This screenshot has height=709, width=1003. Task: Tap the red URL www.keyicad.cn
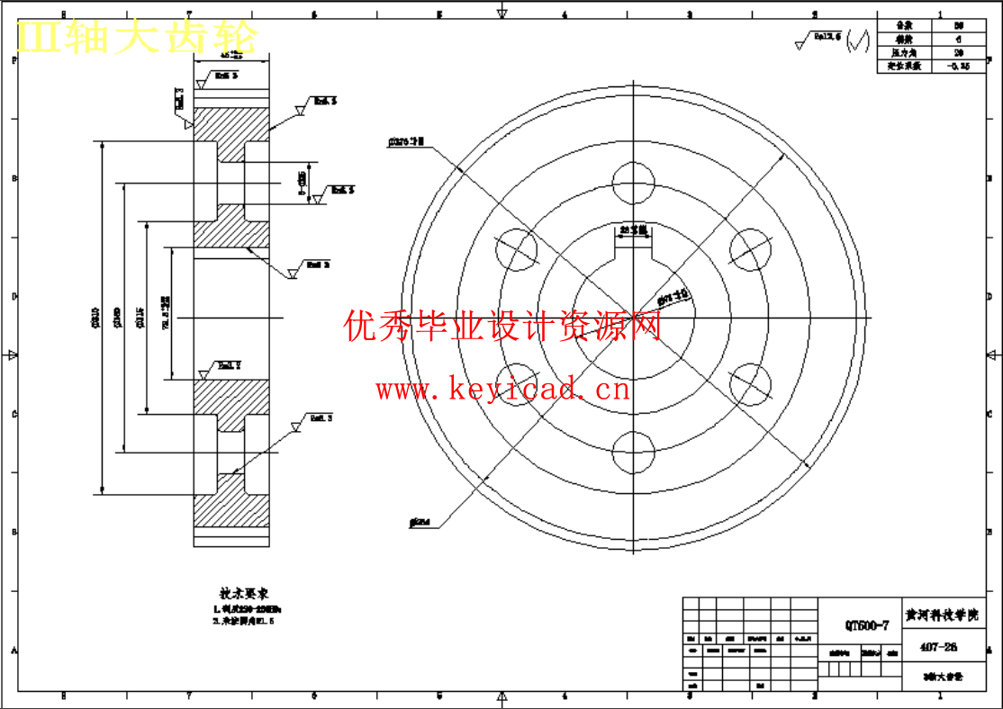502,390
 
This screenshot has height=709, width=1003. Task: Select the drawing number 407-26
938,647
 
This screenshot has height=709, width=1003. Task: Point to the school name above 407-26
940,616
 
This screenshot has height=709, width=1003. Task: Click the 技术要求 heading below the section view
244,594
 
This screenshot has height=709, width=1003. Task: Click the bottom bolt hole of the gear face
634,452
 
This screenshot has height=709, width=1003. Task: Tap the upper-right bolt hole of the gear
750,250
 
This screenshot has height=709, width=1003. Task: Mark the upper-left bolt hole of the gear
517,250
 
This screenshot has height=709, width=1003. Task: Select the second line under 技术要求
242,621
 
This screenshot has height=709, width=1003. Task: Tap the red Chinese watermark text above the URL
502,325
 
